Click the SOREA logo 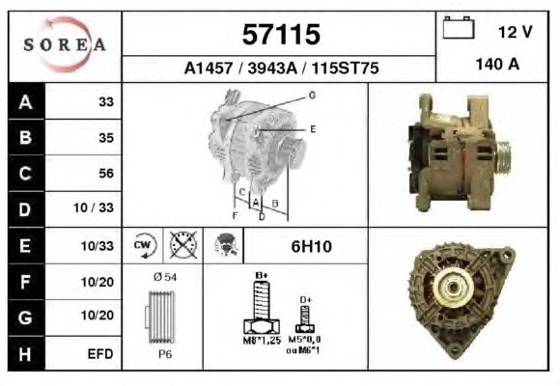(x=65, y=44)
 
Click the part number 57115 (x=281, y=35)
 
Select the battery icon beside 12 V (x=459, y=27)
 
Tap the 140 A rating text (x=497, y=65)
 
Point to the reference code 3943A (x=272, y=68)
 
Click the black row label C (x=26, y=173)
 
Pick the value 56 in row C (x=106, y=173)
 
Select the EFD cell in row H (x=100, y=354)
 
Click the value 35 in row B (x=106, y=137)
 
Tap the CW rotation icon (x=142, y=245)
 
